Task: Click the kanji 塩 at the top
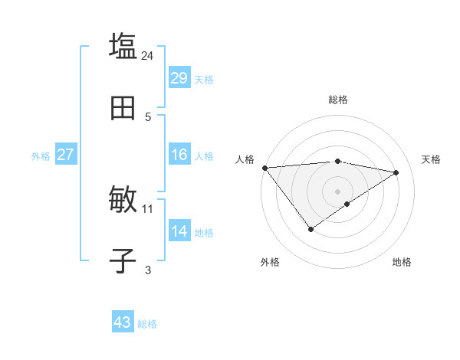123,45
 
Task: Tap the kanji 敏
123,200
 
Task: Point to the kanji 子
123,260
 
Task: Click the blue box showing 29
179,78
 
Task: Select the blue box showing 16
179,155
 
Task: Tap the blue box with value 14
179,231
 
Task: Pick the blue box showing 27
65,155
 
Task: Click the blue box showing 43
122,322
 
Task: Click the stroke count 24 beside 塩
148,55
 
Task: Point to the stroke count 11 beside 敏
148,208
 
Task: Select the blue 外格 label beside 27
41,155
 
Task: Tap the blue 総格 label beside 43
147,324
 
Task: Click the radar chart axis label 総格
337,100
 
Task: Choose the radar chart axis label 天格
431,159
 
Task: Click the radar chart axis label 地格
402,262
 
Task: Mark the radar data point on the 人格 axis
264,168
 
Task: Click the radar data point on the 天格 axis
396,172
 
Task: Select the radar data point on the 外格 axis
310,229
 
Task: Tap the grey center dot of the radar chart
337,191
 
